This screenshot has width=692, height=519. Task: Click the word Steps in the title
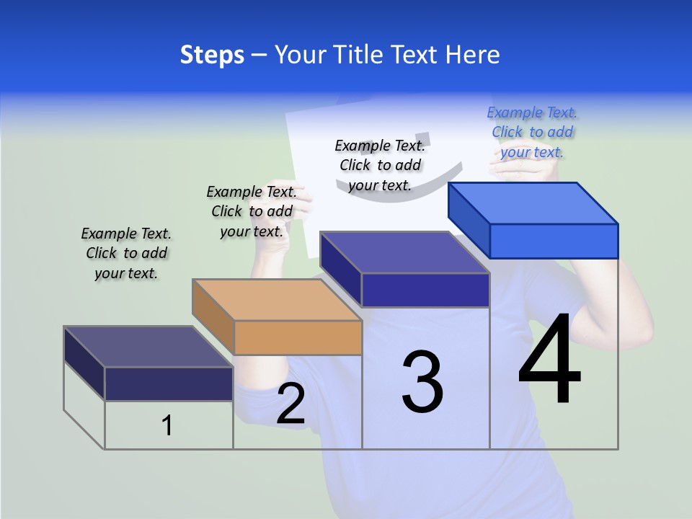[x=212, y=55]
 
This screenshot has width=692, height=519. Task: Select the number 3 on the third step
[x=422, y=382]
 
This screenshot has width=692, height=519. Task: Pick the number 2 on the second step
[x=290, y=404]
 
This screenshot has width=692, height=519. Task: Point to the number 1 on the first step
[x=167, y=425]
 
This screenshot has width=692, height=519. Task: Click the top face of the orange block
[x=277, y=299]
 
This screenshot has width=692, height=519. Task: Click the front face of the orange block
[x=298, y=337]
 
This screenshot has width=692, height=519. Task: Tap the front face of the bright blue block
[x=554, y=241]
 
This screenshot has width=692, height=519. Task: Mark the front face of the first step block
[x=169, y=383]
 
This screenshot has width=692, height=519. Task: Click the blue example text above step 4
[x=532, y=132]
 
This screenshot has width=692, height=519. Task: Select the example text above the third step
[x=380, y=165]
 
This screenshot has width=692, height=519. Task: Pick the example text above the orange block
[x=252, y=211]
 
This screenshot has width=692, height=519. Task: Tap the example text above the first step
[x=126, y=253]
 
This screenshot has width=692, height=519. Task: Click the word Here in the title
[x=473, y=55]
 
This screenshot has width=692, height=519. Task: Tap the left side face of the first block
[x=84, y=363]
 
